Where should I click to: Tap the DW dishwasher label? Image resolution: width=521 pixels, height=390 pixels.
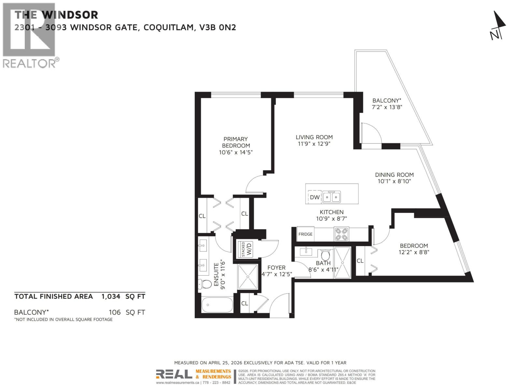[x=315, y=197]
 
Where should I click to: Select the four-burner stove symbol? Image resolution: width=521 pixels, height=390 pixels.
[x=341, y=234]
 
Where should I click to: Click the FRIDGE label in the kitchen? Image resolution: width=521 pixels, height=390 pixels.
[x=305, y=234]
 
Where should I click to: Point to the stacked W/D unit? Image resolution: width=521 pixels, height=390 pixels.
[x=247, y=249]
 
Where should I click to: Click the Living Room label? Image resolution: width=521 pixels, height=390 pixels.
[x=314, y=137]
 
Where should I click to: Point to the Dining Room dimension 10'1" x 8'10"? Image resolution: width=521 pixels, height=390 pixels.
[x=394, y=181]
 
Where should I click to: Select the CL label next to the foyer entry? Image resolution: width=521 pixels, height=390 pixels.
[x=245, y=303]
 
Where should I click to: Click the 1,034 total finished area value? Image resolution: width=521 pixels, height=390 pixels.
[x=111, y=296]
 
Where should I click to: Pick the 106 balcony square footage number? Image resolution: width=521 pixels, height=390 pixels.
[x=115, y=312]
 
